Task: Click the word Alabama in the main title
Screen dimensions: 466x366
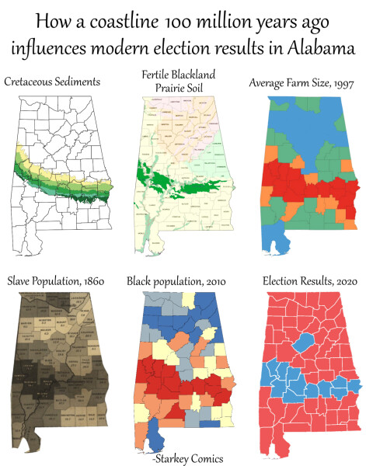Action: pyautogui.click(x=319, y=48)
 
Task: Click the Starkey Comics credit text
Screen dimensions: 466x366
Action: pyautogui.click(x=186, y=458)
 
